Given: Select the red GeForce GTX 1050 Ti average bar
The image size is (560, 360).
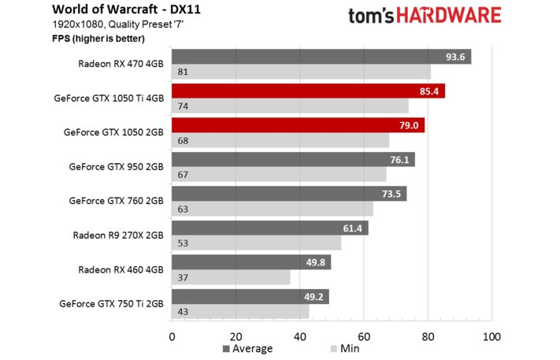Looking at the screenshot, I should point(308,91).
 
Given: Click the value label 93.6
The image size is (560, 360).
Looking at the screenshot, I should point(456,56).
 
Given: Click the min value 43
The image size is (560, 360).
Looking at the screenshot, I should point(183,312).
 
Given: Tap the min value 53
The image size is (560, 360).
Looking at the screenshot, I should point(183,243).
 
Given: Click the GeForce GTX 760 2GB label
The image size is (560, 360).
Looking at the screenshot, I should point(116,201).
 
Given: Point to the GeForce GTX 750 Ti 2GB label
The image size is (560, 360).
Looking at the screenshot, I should point(111,303).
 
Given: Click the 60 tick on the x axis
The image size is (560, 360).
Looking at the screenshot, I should point(364,337).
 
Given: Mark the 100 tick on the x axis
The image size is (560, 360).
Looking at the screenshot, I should point(491,337).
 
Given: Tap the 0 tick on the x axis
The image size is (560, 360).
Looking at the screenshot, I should point(172,337).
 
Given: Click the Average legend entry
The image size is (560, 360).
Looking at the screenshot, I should point(248,349).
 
